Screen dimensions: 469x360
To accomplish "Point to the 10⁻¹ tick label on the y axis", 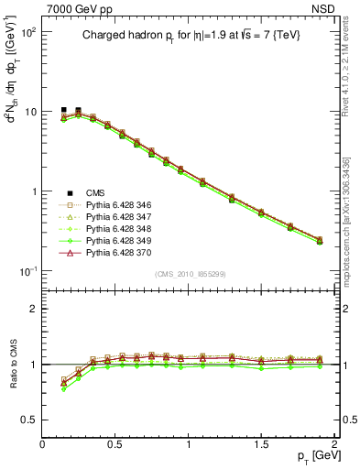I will click(x=27, y=272).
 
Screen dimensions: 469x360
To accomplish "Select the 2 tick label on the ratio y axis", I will click(x=34, y=309).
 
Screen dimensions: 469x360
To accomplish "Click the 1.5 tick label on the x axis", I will click(x=263, y=444).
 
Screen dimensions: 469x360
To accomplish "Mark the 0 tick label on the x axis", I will click(x=43, y=444).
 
